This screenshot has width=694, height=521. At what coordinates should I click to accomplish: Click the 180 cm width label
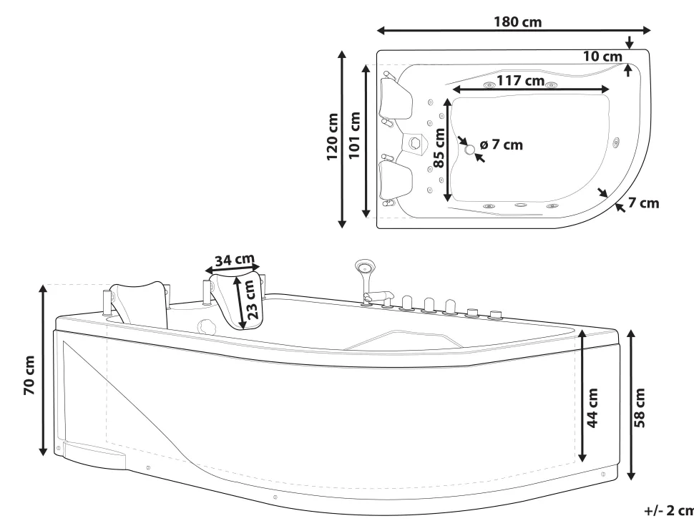518,21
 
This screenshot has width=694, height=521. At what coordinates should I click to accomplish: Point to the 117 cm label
520,81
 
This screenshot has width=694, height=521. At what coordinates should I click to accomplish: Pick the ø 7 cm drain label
502,145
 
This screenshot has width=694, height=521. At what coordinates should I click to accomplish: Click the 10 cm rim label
602,56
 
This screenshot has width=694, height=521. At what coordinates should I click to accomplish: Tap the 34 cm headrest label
235,259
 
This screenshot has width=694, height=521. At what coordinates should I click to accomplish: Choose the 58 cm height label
640,408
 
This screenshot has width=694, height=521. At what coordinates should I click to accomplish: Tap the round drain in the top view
470,150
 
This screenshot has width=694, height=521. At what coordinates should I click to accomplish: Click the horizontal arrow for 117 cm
529,90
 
